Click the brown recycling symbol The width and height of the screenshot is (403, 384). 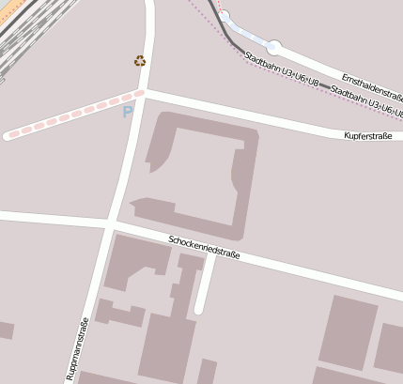coord(140,61)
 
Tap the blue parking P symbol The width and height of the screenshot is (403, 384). coord(128,112)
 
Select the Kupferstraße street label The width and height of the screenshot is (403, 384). coord(367,136)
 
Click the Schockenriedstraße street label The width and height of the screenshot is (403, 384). coord(204,248)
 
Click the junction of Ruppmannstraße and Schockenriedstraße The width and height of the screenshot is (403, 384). coord(110,224)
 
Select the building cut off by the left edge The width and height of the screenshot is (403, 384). coord(5,330)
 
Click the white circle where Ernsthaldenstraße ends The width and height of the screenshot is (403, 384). coord(273,46)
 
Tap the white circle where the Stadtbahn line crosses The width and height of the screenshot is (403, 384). coord(225,15)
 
